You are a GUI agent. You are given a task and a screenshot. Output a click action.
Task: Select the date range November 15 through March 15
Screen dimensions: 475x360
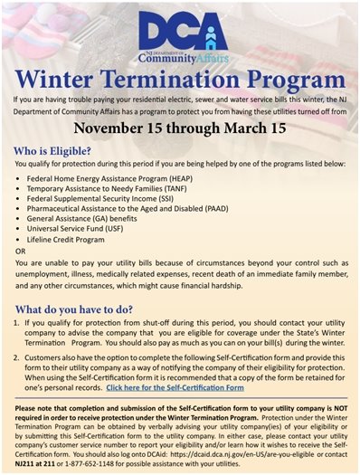click(180, 128)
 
